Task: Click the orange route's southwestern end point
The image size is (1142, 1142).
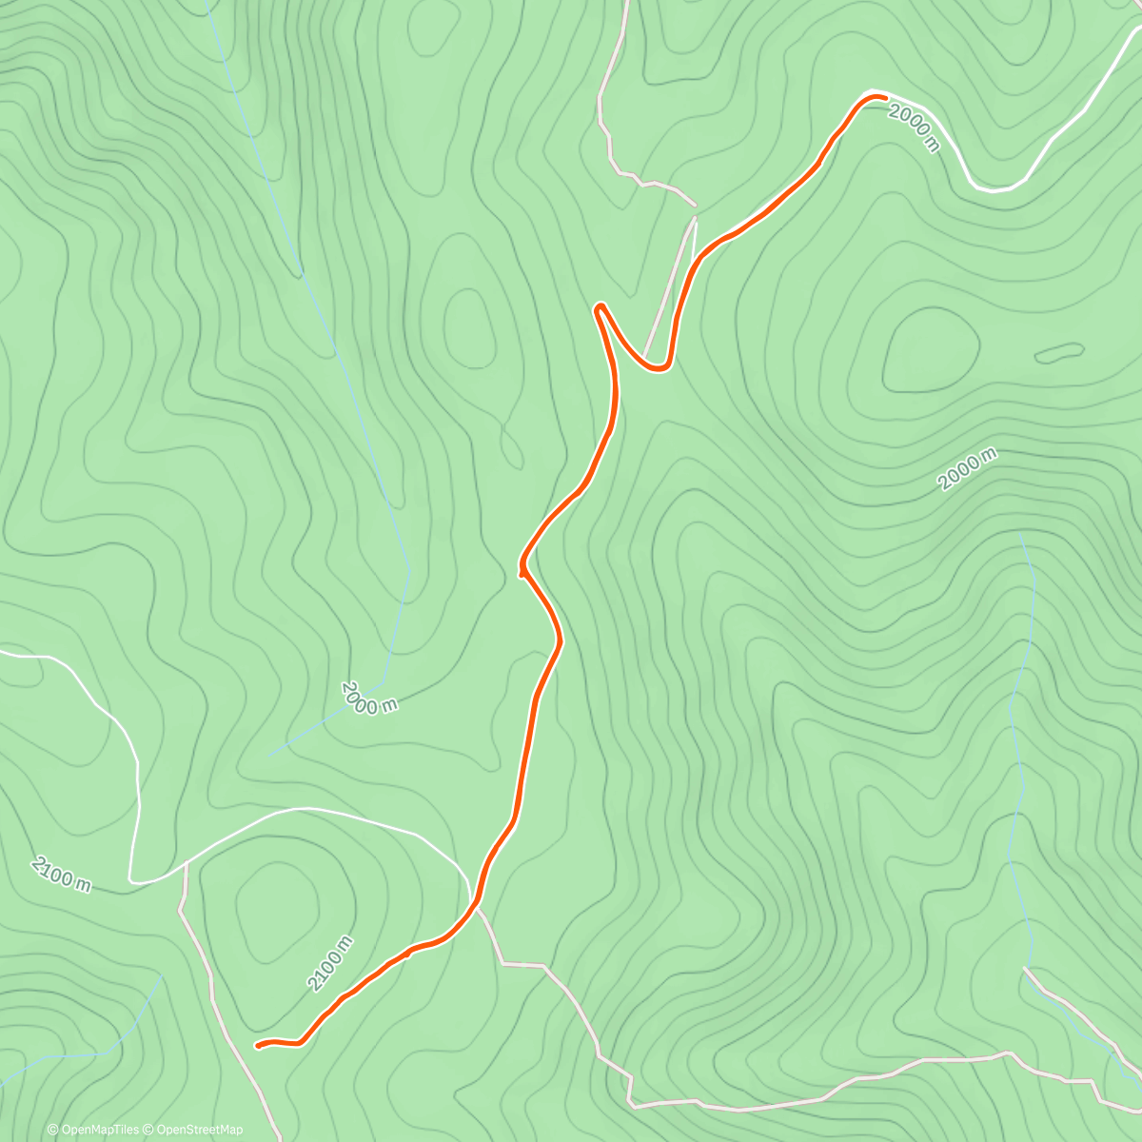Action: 258,1046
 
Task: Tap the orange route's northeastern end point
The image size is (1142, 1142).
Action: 884,97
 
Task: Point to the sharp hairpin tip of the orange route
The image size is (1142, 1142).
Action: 599,306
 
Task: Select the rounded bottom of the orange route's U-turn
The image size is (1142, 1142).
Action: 659,367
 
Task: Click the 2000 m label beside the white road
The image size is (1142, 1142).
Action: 914,128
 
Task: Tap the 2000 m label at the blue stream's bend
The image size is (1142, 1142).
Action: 368,698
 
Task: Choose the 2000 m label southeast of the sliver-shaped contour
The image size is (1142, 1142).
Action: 967,468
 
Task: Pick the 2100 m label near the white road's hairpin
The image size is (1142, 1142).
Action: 62,874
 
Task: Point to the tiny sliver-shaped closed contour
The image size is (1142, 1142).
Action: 1058,353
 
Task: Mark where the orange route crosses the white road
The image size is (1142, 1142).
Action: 474,900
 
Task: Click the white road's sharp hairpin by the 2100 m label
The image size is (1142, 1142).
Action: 133,881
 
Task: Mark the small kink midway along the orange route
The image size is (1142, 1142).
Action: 522,572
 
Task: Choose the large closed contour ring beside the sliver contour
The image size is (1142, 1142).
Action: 931,350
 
